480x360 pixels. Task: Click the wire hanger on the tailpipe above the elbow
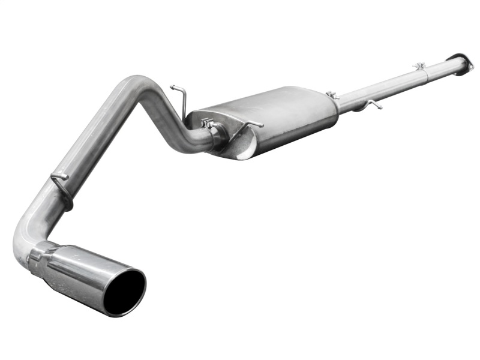[61, 180]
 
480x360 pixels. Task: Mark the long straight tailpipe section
[90, 144]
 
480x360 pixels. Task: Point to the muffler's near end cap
[240, 141]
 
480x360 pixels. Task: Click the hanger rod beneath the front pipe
[373, 104]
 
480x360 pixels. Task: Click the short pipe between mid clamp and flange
[441, 67]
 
